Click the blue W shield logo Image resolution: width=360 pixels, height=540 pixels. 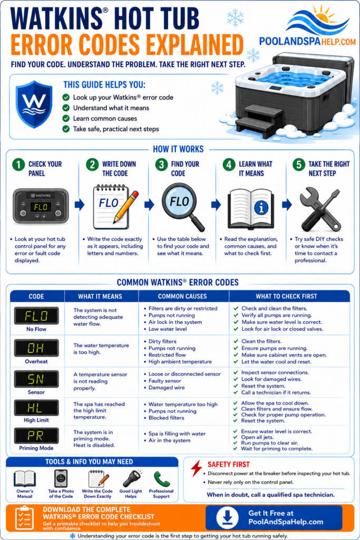(x=34, y=104)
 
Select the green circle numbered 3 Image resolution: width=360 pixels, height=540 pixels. (x=161, y=165)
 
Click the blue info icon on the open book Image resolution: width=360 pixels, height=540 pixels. (x=261, y=207)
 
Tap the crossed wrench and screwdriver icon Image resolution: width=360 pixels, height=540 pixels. (x=320, y=209)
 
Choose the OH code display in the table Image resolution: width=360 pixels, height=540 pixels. (x=36, y=348)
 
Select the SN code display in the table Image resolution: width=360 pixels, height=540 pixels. (x=36, y=379)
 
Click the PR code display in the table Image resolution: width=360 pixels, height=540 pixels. (x=36, y=436)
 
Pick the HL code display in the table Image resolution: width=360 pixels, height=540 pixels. (x=36, y=408)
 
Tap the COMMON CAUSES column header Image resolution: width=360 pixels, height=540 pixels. (x=182, y=296)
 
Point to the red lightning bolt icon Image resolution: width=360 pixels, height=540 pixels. (x=197, y=468)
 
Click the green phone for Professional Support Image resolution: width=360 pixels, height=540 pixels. (x=162, y=479)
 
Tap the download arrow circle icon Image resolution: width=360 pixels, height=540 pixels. (x=227, y=517)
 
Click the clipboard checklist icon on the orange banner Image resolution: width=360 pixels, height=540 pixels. (x=24, y=518)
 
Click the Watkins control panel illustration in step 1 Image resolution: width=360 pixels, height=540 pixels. (x=41, y=206)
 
